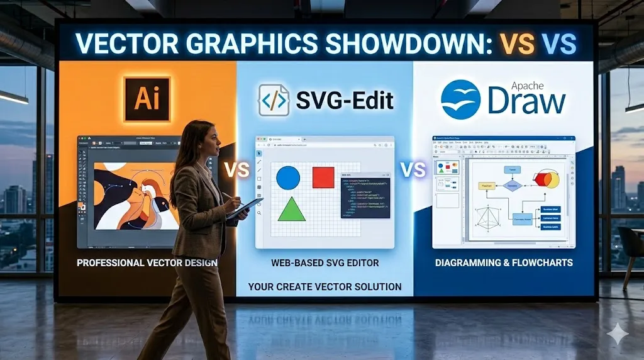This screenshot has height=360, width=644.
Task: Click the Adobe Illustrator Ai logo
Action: (x=147, y=99)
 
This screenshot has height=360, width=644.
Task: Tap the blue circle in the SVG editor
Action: (x=288, y=177)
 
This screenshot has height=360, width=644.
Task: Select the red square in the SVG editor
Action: (x=323, y=177)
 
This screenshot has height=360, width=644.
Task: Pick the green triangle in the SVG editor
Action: (x=291, y=210)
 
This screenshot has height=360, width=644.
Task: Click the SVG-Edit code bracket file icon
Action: (x=274, y=100)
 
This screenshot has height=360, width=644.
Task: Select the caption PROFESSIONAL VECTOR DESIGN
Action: (x=147, y=262)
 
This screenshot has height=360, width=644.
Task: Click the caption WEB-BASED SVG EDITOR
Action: (x=325, y=262)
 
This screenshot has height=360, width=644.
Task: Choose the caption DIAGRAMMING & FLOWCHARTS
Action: (x=504, y=262)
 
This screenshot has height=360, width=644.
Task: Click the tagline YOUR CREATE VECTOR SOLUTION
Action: (x=325, y=287)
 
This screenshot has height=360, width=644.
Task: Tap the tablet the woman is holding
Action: (x=246, y=208)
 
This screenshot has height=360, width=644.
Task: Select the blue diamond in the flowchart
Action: (x=513, y=186)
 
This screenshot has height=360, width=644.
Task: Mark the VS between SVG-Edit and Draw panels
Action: (x=413, y=170)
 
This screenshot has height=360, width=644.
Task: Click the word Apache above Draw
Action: (x=527, y=86)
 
